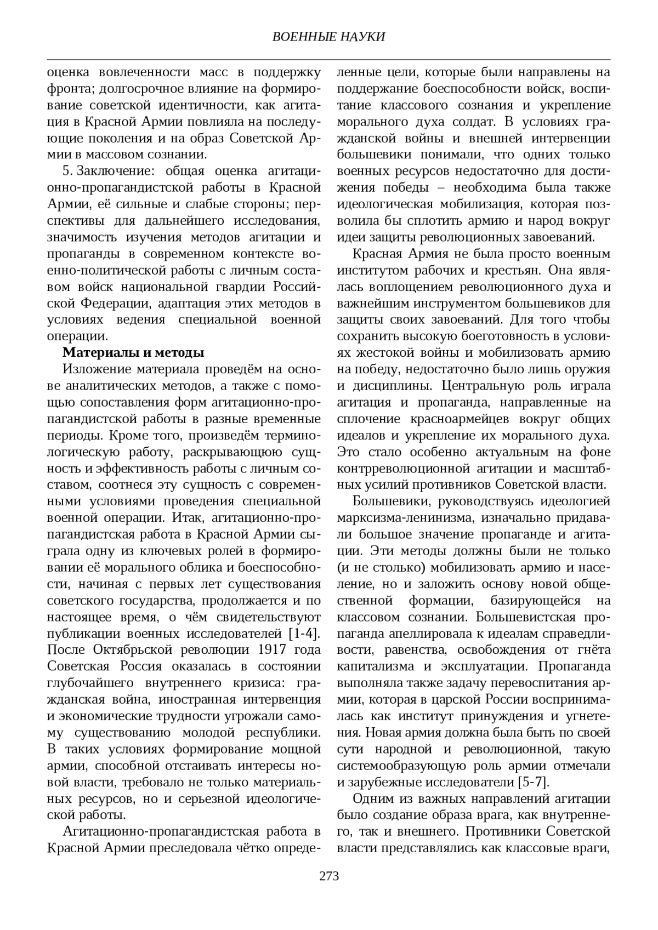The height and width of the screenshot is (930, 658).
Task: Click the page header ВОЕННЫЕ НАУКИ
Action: coord(328,37)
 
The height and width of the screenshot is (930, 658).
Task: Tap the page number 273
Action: coord(329,876)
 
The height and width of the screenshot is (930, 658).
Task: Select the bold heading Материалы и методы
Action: coord(134,352)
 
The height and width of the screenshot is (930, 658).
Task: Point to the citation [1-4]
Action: coord(304,634)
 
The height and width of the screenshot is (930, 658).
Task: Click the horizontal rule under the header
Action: coord(328,59)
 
